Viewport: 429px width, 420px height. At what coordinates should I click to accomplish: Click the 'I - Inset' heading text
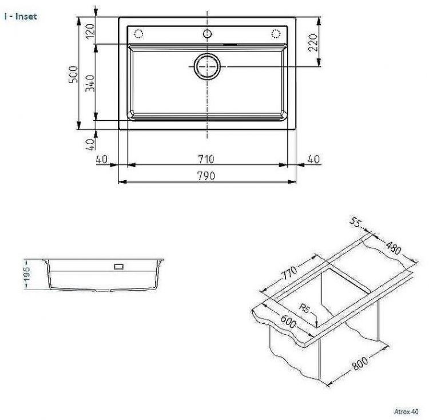pos(20,17)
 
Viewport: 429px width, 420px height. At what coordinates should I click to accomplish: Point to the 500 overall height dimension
pos(73,74)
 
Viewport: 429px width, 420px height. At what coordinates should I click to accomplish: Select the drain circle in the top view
pos(206,66)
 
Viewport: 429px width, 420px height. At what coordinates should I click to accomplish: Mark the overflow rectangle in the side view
pos(119,266)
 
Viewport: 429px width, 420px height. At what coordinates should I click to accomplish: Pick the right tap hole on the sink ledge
pos(275,32)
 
